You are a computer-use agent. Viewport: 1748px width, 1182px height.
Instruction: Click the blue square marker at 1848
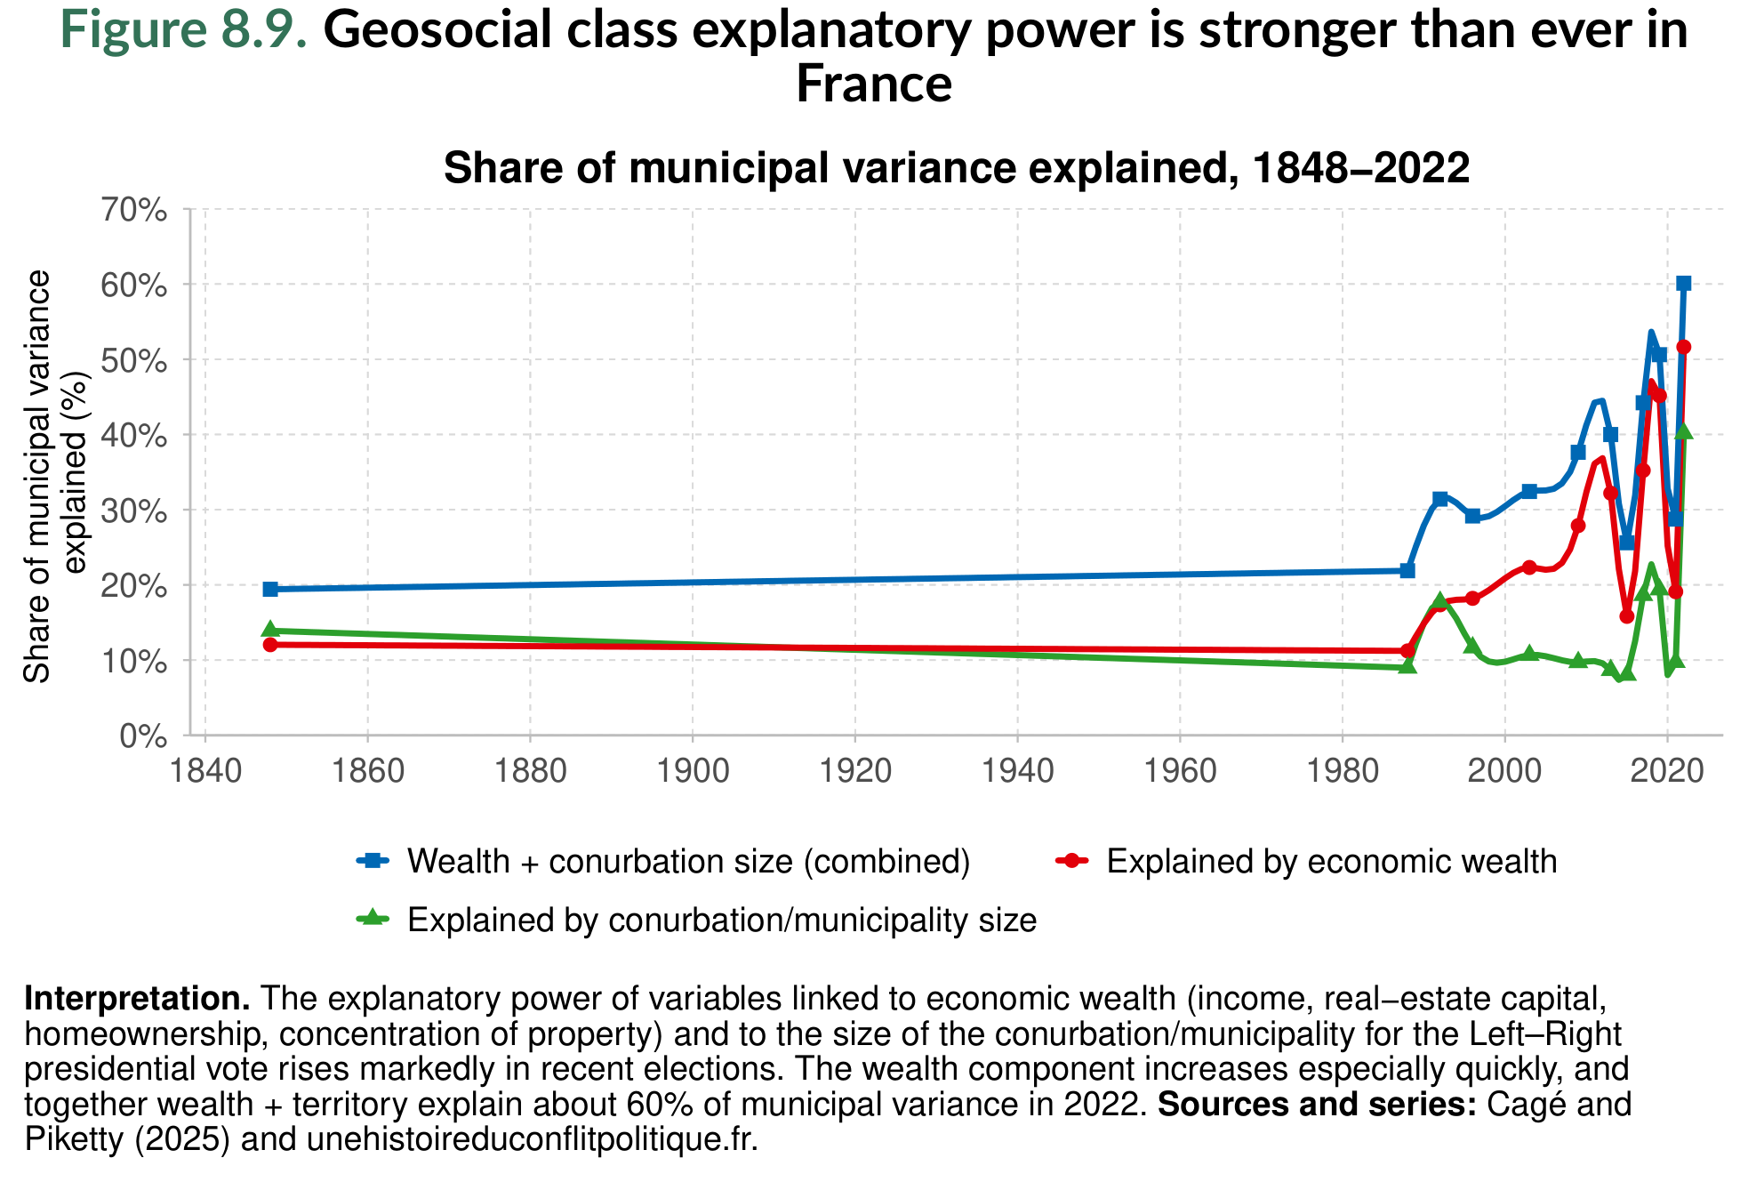coord(270,589)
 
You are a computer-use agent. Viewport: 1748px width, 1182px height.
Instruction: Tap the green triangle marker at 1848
coord(270,630)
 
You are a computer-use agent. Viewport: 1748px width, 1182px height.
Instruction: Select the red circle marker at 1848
coord(270,645)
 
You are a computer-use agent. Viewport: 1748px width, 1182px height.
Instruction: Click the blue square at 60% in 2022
coord(1683,284)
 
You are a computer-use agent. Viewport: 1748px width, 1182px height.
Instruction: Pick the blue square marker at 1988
coord(1407,570)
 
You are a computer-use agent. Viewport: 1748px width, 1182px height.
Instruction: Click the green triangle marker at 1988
coord(1407,666)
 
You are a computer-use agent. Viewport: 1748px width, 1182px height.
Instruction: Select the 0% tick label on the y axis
coord(142,736)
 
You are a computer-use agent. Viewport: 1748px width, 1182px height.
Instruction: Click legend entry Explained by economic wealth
coord(1331,862)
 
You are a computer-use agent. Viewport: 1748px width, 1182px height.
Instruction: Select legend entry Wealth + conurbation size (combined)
coord(688,862)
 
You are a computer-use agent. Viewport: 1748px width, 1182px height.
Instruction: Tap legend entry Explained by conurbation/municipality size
coord(721,920)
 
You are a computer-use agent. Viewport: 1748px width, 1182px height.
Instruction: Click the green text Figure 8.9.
coord(184,30)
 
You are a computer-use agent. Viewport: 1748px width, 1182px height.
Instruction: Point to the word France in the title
coord(873,84)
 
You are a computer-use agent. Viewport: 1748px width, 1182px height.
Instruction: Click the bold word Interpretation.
coord(137,999)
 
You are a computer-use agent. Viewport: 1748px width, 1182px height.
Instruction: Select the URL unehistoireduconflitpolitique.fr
coord(532,1138)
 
